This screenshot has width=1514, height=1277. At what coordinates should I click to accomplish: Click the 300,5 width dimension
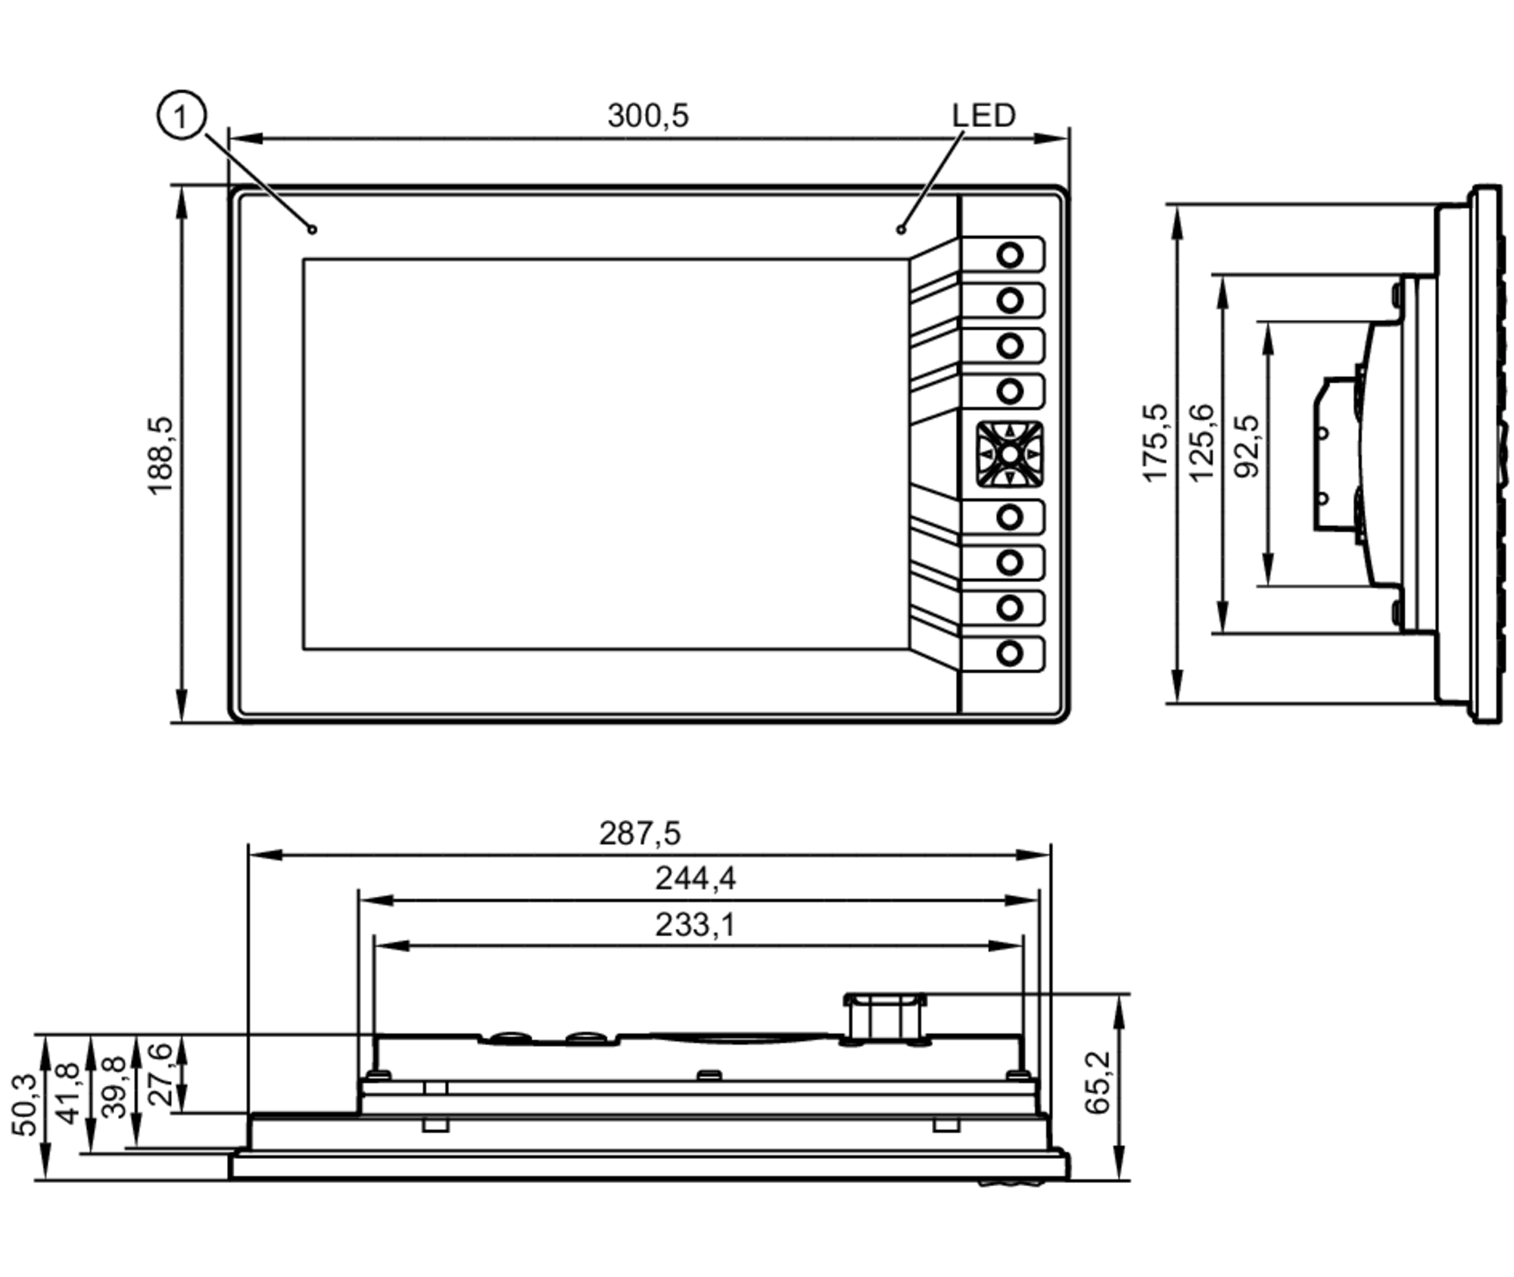[x=648, y=116]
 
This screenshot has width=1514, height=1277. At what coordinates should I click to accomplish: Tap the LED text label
[x=983, y=115]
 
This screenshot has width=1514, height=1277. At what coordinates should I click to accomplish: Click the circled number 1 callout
[x=181, y=117]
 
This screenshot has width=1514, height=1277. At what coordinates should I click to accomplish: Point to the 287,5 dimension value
[x=640, y=833]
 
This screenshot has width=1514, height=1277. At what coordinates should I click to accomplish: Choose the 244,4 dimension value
[x=695, y=878]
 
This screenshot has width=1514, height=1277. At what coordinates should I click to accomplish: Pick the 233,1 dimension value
[x=695, y=924]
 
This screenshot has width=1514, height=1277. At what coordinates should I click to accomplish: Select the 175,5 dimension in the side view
[x=1155, y=444]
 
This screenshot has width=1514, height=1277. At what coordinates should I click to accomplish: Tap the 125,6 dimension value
[x=1201, y=444]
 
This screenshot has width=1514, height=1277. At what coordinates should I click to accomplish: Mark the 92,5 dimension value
[x=1247, y=447]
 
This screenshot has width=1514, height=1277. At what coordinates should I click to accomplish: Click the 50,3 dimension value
[x=24, y=1104]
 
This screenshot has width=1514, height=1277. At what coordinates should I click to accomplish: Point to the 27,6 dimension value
[x=160, y=1073]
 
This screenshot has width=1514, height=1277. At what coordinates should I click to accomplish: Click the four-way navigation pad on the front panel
[x=1010, y=454]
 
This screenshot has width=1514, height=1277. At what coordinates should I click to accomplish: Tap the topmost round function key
[x=1010, y=255]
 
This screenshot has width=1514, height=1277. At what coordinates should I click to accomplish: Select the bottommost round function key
[x=1010, y=653]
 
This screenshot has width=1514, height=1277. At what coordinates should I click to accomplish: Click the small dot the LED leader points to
[x=901, y=229]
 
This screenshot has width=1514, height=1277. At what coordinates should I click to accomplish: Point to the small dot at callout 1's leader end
[x=313, y=229]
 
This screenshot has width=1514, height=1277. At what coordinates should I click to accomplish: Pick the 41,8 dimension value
[x=69, y=1093]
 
